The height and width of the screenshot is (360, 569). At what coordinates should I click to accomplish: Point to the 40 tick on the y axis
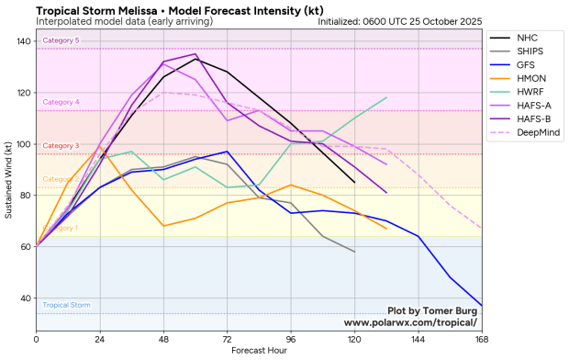pyautogui.click(x=28, y=298)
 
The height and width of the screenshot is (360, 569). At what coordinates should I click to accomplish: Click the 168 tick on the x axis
pyautogui.click(x=482, y=339)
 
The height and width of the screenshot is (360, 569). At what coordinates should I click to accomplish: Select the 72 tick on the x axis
pyautogui.click(x=227, y=339)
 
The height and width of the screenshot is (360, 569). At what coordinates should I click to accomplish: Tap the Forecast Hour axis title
pyautogui.click(x=259, y=350)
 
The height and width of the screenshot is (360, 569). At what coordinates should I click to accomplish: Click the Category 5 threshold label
pyautogui.click(x=61, y=40)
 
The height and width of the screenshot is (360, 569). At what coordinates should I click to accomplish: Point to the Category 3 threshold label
pyautogui.click(x=61, y=146)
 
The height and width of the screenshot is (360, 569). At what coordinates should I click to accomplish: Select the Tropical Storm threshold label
pyautogui.click(x=66, y=305)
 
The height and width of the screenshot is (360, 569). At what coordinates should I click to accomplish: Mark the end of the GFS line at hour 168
pyautogui.click(x=482, y=306)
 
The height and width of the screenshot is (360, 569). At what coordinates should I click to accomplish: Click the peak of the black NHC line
pyautogui.click(x=195, y=60)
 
